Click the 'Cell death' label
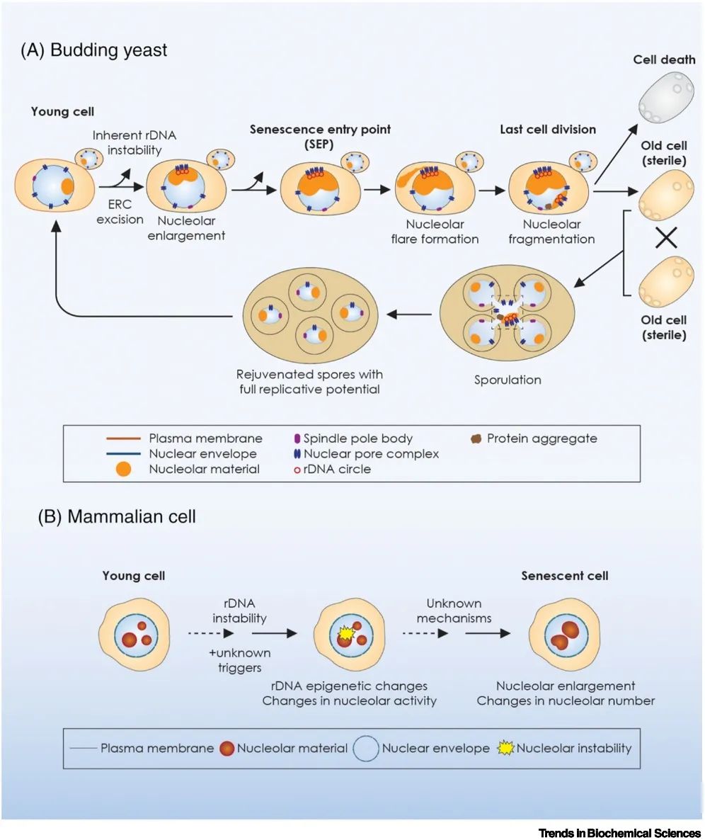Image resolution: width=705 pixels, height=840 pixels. [665, 59]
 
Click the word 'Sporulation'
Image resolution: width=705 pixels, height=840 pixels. [508, 380]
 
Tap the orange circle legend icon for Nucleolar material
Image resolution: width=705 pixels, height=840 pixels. [122, 469]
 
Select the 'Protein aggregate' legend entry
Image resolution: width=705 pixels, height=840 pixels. [541, 438]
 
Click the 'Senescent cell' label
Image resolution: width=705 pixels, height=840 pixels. [565, 576]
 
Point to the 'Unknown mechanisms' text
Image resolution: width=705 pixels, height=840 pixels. [454, 611]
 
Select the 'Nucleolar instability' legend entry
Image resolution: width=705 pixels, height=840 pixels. [574, 748]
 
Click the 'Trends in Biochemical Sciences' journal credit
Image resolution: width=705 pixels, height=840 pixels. [619, 833]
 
